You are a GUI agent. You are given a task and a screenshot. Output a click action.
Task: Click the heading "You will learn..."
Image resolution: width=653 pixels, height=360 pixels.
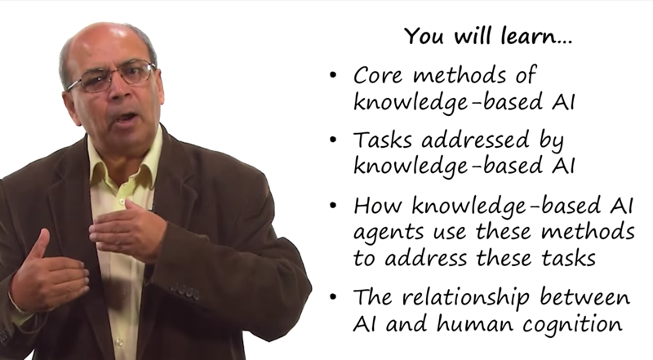[488, 36]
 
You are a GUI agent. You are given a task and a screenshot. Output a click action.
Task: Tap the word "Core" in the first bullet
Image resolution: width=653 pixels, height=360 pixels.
[378, 75]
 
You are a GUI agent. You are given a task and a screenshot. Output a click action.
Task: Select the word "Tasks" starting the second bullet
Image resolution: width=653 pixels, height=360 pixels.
[382, 140]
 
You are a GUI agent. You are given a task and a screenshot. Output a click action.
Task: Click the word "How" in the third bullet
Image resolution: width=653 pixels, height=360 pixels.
[379, 206]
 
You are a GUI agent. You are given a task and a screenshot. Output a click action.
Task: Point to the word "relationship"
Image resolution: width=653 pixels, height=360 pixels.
[466, 298]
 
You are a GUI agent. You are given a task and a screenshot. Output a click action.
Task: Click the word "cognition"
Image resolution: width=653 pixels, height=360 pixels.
[573, 325]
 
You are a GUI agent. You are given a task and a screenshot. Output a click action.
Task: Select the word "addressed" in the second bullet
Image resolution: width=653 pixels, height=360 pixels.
[475, 140]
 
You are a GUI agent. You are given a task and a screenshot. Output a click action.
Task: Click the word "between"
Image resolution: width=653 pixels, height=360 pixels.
[585, 296]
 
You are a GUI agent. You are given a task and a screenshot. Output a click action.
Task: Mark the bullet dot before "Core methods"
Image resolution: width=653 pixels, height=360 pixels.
[332, 75]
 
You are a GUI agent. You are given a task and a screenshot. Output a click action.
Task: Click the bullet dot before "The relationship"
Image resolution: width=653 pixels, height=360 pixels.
[332, 297]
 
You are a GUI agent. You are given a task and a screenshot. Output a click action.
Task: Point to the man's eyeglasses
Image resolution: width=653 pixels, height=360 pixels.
[112, 77]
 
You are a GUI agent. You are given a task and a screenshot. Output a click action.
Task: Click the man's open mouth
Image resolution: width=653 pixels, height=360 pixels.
[127, 118]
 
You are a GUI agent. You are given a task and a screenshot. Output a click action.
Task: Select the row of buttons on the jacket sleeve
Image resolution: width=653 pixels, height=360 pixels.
[184, 291]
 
